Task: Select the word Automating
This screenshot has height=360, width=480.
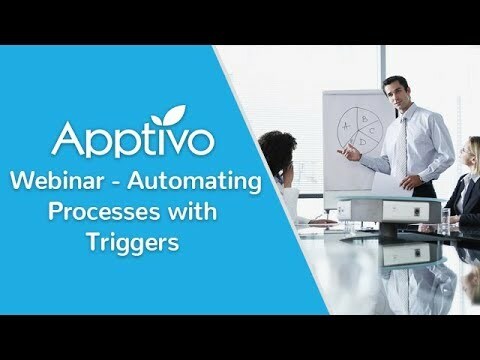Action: tap(206, 183)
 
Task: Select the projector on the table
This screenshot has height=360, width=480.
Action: tap(391, 207)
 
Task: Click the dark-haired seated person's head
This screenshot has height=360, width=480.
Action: tap(277, 151)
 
